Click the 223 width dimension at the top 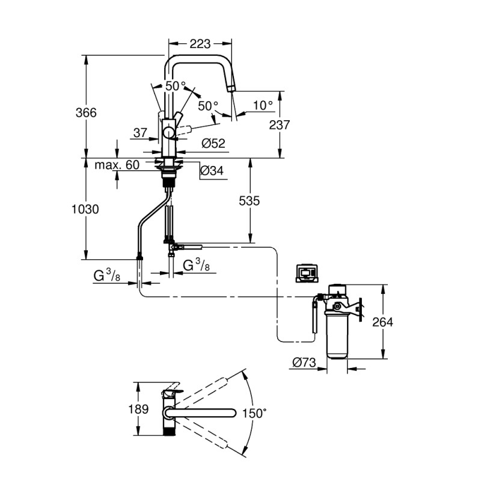coord(200,44)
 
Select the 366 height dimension coord(87,112)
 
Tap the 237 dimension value coord(280,125)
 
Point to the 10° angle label coord(262,105)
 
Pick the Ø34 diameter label coord(212,171)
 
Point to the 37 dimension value coord(141,132)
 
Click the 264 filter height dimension coord(382,322)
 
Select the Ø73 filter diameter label coord(305,363)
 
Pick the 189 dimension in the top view coord(139,409)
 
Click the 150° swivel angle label coord(254,414)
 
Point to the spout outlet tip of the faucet coord(230,89)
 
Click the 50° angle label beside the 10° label coord(208,106)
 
